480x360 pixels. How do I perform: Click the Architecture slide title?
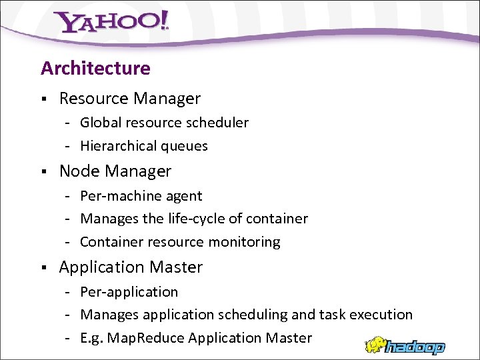point(95,68)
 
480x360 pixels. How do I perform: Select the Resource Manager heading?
point(129,99)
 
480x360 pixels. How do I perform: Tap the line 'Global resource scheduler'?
point(164,123)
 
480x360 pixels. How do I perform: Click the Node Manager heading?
point(115,171)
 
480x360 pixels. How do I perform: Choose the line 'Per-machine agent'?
point(141,196)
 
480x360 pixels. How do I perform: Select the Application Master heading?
point(131,267)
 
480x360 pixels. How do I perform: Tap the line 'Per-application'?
point(129,292)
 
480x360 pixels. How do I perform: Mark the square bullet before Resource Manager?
point(43,99)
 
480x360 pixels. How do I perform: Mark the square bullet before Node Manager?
point(43,172)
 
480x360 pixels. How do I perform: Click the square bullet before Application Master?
point(43,268)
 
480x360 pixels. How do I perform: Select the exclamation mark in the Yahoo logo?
point(163,21)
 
